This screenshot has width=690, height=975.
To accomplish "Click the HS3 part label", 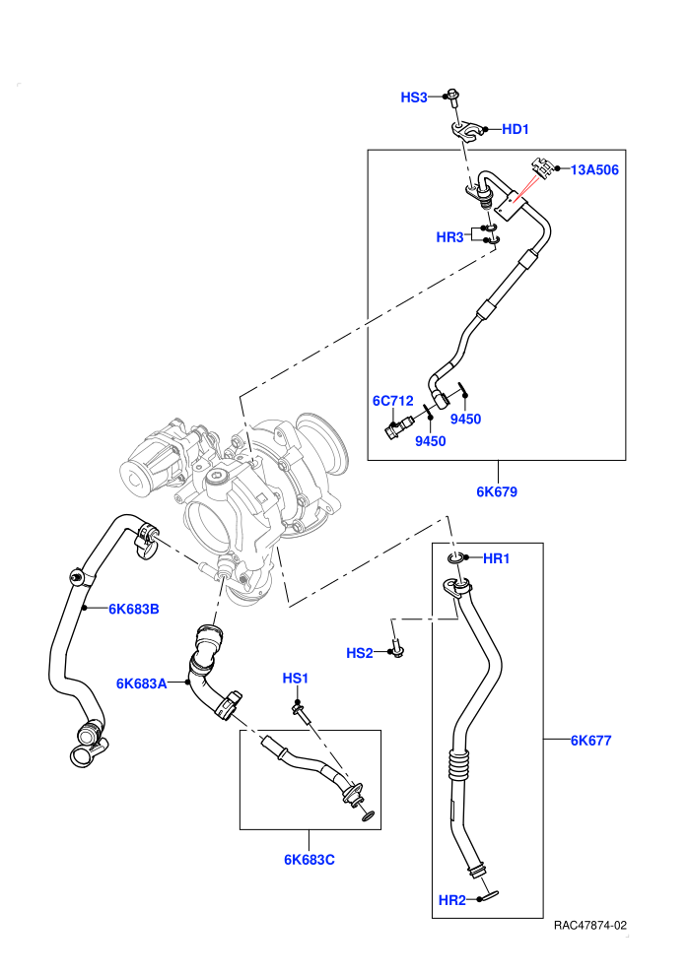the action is coord(414,97).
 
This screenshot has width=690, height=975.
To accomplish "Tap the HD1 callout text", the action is coord(516,129).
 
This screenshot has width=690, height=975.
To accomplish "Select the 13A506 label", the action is coord(594,169).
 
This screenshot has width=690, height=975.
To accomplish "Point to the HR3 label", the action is coord(449,237).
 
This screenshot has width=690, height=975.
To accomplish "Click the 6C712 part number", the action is coord(392,401).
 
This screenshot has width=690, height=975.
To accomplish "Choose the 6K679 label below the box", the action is coord(497,491).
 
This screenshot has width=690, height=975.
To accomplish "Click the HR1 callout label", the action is coord(497,558).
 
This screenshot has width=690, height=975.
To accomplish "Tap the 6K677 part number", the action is coord(591,740).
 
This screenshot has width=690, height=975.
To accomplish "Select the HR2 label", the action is coord(452,900).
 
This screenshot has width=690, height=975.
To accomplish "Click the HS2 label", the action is coord(360,653).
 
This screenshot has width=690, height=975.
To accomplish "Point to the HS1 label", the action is coord(296,678).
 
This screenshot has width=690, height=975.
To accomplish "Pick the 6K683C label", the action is coord(310,860).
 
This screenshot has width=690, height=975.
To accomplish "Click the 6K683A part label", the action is coord(142,684).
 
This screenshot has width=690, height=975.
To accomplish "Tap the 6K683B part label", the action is coord(134,609).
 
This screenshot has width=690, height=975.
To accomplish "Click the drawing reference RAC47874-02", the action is coord(589,925).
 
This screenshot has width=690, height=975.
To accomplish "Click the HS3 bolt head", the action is coord(453,96).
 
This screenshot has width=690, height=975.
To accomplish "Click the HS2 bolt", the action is coord(397,648).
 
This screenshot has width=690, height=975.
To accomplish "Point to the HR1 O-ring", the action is coord(455,559).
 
